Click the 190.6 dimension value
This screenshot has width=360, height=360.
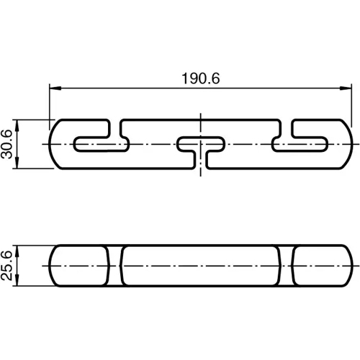pyautogui.click(x=195, y=78)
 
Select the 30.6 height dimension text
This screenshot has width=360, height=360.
pyautogui.click(x=8, y=144)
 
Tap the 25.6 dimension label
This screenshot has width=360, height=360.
pyautogui.click(x=8, y=265)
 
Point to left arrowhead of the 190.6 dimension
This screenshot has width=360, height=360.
pyautogui.click(x=53, y=89)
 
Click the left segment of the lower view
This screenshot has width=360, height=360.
pyautogui.click(x=81, y=265)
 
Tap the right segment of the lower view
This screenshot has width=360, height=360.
pyautogui.click(x=320, y=265)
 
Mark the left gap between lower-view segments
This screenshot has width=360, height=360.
pyautogui.click(x=116, y=265)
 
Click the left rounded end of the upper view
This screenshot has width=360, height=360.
pyautogui.click(x=58, y=144)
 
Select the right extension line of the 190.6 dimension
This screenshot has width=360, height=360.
pyautogui.click(x=341, y=104)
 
